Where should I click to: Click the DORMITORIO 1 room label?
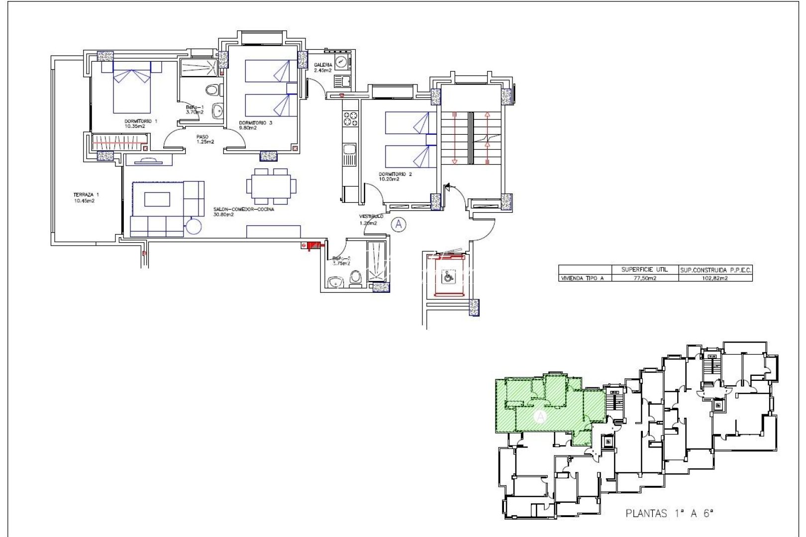[141, 121]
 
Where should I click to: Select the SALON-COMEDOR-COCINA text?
[244, 209]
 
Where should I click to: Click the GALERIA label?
[323, 65]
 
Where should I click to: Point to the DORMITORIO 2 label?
[396, 175]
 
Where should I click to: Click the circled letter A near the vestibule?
[398, 225]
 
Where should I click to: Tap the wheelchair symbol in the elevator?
[447, 277]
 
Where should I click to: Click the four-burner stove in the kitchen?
[350, 118]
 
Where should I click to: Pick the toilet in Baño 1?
[213, 90]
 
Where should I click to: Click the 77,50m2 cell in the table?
[645, 278]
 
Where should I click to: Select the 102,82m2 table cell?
[715, 278]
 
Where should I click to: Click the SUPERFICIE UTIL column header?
[644, 269]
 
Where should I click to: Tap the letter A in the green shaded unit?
[541, 417]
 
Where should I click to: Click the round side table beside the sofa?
[194, 227]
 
